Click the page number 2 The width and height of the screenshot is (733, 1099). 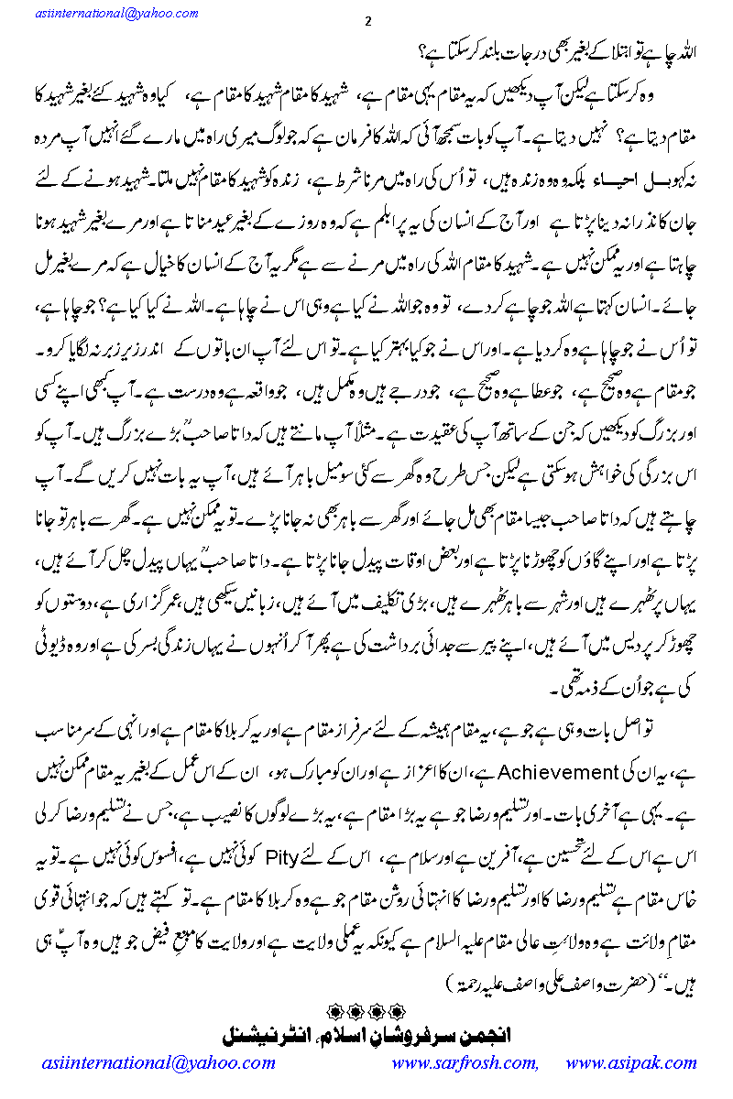[367, 21]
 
